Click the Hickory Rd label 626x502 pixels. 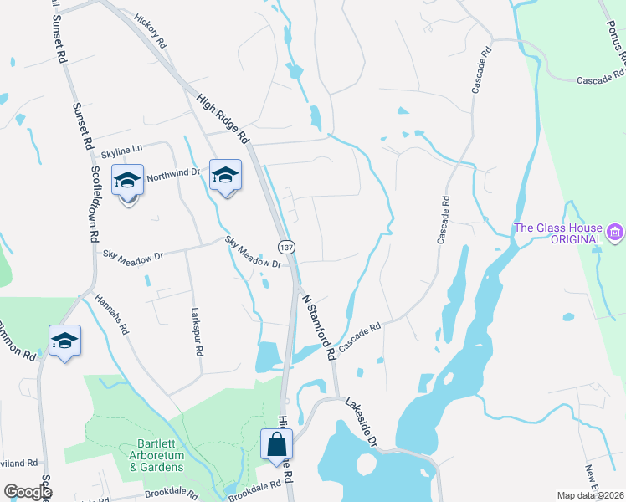click(151, 30)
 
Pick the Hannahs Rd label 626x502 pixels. click(111, 314)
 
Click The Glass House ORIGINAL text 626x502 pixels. click(557, 233)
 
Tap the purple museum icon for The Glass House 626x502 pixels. click(615, 230)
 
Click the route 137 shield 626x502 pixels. click(286, 248)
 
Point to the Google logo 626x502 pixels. click(28, 492)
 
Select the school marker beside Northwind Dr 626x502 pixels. click(127, 181)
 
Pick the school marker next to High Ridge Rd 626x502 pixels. click(225, 176)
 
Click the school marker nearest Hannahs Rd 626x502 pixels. click(64, 341)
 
